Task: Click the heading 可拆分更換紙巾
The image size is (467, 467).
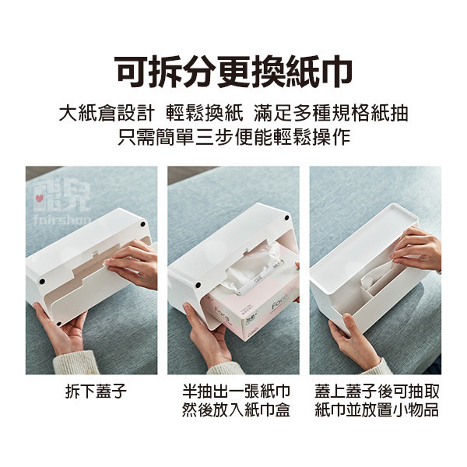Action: click(x=233, y=72)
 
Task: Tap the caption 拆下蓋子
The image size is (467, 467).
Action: click(x=96, y=392)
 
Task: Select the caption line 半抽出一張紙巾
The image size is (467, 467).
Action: click(x=236, y=392)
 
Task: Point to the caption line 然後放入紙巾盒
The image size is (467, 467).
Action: click(x=236, y=410)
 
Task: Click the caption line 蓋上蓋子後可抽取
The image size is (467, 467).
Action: click(x=377, y=392)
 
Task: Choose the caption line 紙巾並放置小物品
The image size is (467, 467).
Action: click(x=377, y=410)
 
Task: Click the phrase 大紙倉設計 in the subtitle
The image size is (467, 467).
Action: click(x=107, y=114)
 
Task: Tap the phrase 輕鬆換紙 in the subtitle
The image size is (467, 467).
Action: click(x=205, y=114)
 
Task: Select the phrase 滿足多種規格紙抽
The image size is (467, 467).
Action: click(x=331, y=114)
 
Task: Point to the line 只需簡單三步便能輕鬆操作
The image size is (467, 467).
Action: click(x=233, y=137)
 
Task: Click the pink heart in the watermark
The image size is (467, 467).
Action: click(x=40, y=198)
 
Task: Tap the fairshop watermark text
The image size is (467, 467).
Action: click(x=62, y=220)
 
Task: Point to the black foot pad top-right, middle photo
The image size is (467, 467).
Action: click(x=286, y=218)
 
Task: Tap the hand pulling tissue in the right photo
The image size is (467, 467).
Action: click(x=417, y=249)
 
